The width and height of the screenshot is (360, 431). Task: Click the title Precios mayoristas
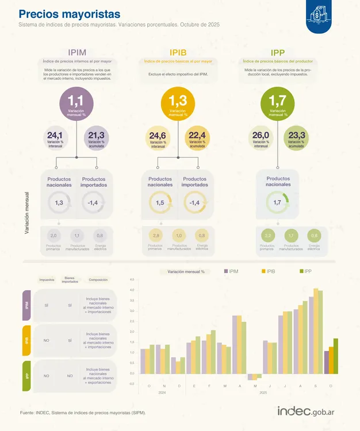coord(70,14)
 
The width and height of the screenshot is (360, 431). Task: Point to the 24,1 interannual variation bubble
coord(55,138)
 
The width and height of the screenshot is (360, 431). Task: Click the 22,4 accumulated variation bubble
coord(197,138)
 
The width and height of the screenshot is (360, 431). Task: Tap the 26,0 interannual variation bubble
coord(261,138)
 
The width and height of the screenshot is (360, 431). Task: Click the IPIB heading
coord(178,52)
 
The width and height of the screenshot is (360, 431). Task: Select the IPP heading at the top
coord(278,52)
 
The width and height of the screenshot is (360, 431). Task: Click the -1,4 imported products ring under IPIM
coord(93,203)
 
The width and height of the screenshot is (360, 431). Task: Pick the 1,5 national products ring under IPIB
coord(160,203)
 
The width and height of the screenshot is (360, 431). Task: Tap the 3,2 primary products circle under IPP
coord(267,236)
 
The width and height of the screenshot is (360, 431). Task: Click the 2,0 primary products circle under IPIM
coord(54,236)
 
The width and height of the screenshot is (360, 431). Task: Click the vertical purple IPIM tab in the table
coord(26,305)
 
